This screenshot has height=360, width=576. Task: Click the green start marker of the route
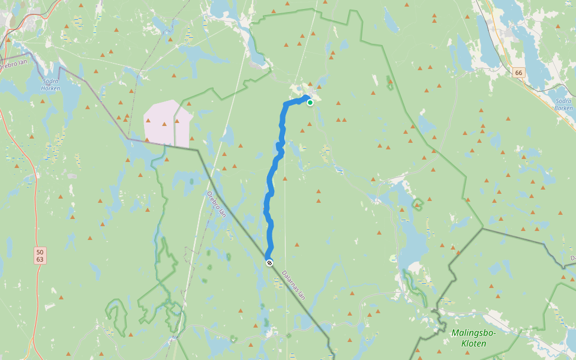point(310,103)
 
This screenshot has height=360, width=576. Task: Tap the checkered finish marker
point(269,262)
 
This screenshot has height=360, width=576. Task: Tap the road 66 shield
point(519,73)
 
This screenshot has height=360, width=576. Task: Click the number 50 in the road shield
point(40,252)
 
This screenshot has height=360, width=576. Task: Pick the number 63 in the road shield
point(40,260)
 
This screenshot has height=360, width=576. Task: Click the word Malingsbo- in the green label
point(473,333)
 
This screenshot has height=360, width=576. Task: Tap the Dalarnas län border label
point(293,284)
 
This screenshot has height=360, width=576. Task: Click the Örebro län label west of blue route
point(216,205)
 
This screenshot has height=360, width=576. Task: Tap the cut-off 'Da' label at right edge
point(572,258)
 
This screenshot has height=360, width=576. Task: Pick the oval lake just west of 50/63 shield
point(8,248)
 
